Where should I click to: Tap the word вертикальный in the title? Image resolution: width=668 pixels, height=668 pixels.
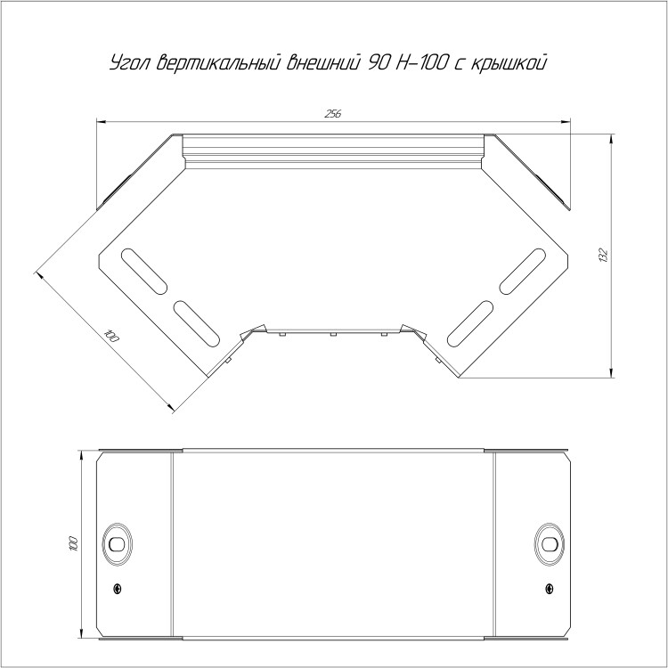click(218, 62)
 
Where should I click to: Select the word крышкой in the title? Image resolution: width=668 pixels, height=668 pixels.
click(509, 63)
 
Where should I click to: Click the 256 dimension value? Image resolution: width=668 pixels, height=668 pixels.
click(333, 114)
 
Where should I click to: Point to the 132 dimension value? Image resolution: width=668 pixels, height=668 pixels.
click(603, 255)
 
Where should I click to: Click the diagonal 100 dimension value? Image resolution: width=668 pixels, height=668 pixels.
click(111, 337)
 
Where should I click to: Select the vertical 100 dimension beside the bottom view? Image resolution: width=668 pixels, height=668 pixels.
click(73, 543)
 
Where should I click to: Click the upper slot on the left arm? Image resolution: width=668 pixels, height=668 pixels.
click(144, 272)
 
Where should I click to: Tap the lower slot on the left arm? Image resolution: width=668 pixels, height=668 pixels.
click(197, 323)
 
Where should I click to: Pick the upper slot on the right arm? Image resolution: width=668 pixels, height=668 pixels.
click(522, 272)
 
